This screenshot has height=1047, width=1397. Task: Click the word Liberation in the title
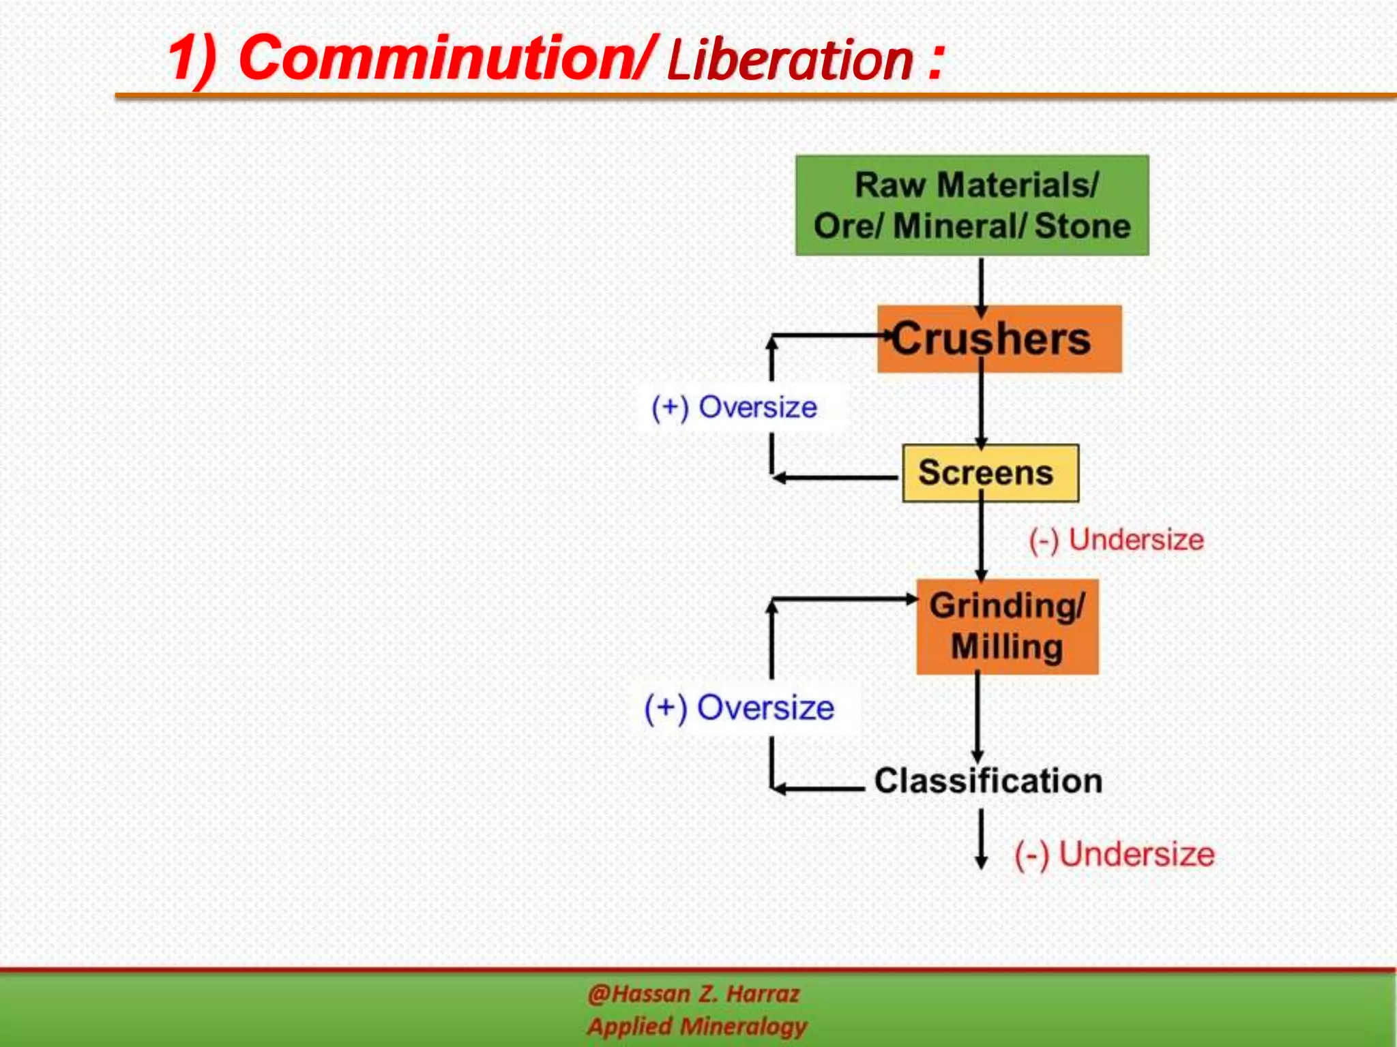(x=789, y=60)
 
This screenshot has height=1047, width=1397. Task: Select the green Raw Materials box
(x=971, y=205)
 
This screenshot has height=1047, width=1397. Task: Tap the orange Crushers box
(x=999, y=339)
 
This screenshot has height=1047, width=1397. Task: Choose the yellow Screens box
(x=990, y=473)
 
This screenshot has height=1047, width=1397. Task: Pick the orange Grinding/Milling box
(x=1007, y=626)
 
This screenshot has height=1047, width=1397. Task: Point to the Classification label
(x=988, y=781)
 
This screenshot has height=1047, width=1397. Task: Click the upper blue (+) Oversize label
(x=734, y=407)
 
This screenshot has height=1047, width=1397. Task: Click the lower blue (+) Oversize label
(x=739, y=708)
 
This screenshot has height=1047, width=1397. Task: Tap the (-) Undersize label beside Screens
(x=1116, y=540)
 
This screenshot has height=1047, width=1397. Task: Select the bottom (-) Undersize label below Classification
(x=1115, y=854)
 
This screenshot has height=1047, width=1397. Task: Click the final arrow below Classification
(x=981, y=840)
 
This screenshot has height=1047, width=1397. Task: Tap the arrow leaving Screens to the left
(x=836, y=478)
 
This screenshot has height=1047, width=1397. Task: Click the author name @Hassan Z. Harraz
(x=693, y=994)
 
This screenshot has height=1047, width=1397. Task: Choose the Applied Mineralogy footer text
(x=697, y=1026)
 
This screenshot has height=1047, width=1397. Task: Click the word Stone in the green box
(x=1083, y=226)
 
